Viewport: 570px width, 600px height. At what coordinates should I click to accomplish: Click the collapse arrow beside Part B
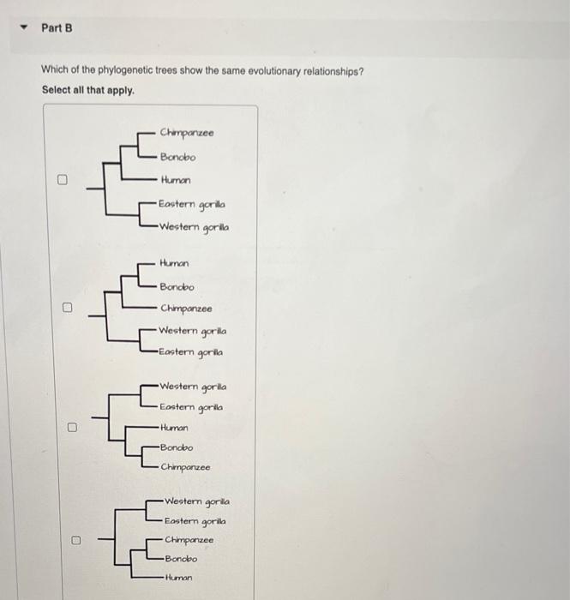25,28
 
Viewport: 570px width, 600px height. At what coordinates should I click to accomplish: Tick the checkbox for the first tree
63,180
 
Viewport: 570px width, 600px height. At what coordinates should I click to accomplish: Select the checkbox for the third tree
73,426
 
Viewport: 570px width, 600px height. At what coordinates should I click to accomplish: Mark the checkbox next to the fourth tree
75,541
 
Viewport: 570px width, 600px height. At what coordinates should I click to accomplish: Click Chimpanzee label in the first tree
186,133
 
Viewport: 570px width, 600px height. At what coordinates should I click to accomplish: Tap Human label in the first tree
175,180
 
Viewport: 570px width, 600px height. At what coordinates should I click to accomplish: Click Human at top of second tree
174,263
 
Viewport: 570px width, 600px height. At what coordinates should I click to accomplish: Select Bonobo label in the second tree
177,287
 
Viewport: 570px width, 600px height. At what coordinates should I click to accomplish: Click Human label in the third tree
174,427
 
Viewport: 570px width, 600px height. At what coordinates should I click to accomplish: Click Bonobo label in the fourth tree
181,558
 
